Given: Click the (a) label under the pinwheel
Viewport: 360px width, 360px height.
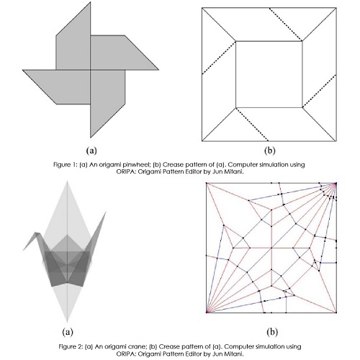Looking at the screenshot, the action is click(91, 150).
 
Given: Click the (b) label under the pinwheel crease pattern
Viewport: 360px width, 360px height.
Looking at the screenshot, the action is click(270, 150).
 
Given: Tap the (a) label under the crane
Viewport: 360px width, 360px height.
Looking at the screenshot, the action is click(68, 332).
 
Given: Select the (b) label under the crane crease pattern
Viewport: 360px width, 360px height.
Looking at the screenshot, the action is click(272, 332).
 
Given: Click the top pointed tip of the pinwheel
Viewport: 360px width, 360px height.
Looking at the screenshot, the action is click(91, 2).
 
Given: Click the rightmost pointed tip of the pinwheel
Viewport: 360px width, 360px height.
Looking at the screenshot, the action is click(158, 70).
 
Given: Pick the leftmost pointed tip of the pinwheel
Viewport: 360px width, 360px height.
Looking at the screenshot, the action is click(23, 70).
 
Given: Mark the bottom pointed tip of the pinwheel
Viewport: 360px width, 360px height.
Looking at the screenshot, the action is click(91, 138).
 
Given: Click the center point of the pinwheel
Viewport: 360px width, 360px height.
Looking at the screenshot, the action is click(91, 70).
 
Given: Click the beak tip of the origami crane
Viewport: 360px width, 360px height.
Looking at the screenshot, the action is click(23, 251).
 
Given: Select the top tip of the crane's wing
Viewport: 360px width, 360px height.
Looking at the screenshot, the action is click(67, 181).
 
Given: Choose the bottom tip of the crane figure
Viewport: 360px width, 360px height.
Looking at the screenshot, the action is click(67, 323).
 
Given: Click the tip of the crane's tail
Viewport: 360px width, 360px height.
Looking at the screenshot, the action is click(106, 212).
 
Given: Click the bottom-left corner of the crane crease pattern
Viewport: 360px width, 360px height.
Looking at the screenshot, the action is click(207, 312).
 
